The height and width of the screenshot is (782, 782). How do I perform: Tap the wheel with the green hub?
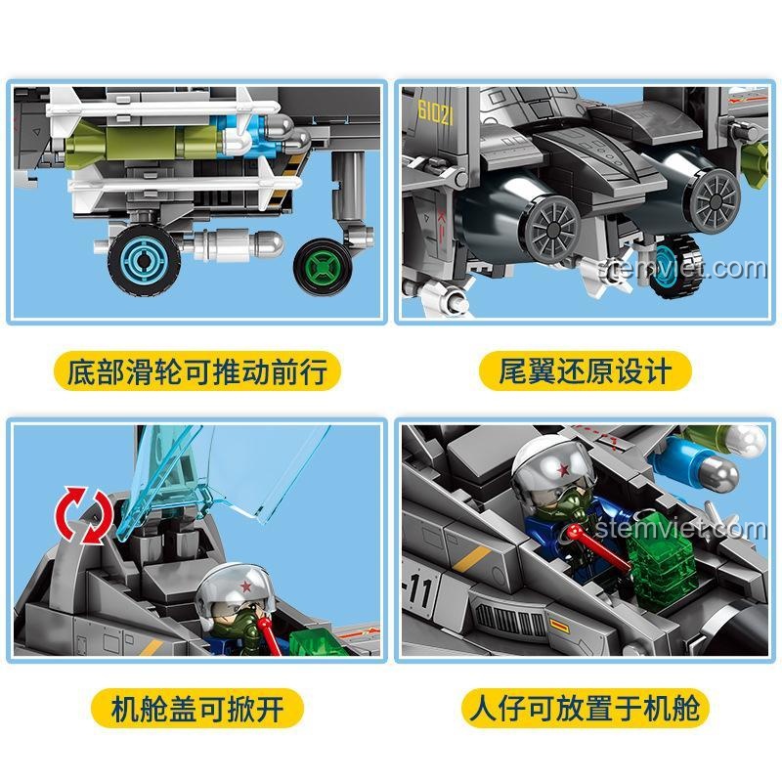pos(324,266)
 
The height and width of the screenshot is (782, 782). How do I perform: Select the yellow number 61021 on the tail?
pos(436,112)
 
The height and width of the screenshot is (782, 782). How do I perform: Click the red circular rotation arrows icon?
pos(85,516)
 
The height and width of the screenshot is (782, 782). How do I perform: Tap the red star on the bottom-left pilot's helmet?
pos(246,586)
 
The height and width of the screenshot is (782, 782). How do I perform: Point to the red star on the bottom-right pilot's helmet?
pos(564,469)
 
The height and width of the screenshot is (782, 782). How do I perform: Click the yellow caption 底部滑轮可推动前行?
pos(197,370)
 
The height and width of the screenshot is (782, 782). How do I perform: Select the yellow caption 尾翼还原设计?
pos(585,370)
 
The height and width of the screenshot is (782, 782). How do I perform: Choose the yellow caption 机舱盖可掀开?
pos(197,708)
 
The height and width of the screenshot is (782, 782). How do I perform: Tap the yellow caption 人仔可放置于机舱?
pos(585,708)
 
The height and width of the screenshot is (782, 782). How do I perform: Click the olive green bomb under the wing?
pos(145,141)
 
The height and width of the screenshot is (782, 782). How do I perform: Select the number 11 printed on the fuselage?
pos(420,589)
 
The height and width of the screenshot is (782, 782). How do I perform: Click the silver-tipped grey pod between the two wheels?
pos(239,245)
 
